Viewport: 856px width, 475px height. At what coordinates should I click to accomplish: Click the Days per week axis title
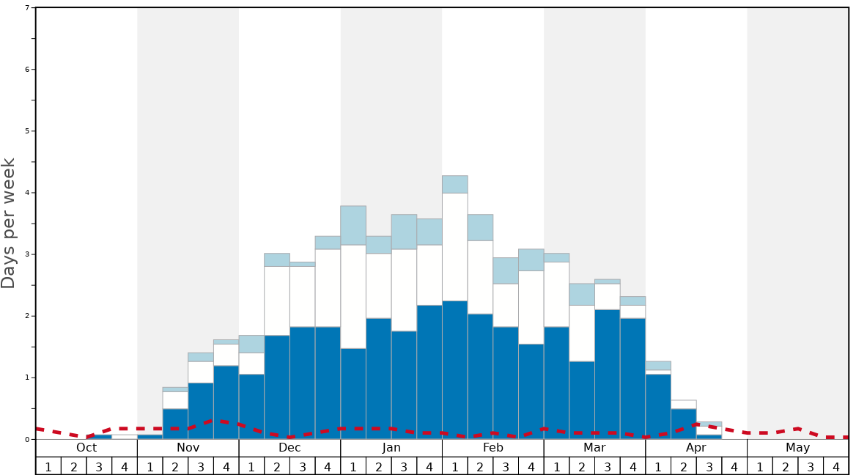(x=9, y=223)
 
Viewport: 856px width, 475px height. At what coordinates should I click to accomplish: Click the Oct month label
(x=86, y=448)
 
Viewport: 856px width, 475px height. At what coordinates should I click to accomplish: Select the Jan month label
(x=391, y=448)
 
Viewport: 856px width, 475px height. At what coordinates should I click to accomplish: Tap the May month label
(x=798, y=448)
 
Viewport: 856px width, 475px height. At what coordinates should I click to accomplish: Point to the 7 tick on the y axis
(x=27, y=8)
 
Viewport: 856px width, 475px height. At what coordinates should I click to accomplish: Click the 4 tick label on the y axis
(x=27, y=193)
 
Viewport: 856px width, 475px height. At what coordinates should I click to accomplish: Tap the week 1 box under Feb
(x=454, y=466)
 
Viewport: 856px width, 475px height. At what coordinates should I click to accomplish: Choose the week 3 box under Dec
(x=302, y=466)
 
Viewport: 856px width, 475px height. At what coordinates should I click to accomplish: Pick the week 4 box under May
(x=836, y=466)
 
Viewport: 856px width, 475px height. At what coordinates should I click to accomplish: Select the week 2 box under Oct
(x=73, y=466)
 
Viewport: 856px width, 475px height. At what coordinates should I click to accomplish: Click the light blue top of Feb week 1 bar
(x=454, y=184)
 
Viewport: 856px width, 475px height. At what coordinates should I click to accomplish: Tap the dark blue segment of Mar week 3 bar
(x=607, y=374)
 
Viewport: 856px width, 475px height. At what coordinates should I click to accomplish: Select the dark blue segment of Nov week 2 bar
(x=175, y=424)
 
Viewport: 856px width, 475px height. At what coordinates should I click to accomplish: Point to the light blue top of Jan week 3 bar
(x=404, y=232)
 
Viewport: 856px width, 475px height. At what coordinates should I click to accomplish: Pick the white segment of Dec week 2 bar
(x=277, y=301)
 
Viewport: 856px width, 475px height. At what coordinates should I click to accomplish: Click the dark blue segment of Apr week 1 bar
(x=658, y=406)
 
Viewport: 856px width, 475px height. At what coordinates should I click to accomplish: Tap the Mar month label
(x=594, y=448)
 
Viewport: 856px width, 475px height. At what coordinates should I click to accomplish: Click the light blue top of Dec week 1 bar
(x=251, y=344)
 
